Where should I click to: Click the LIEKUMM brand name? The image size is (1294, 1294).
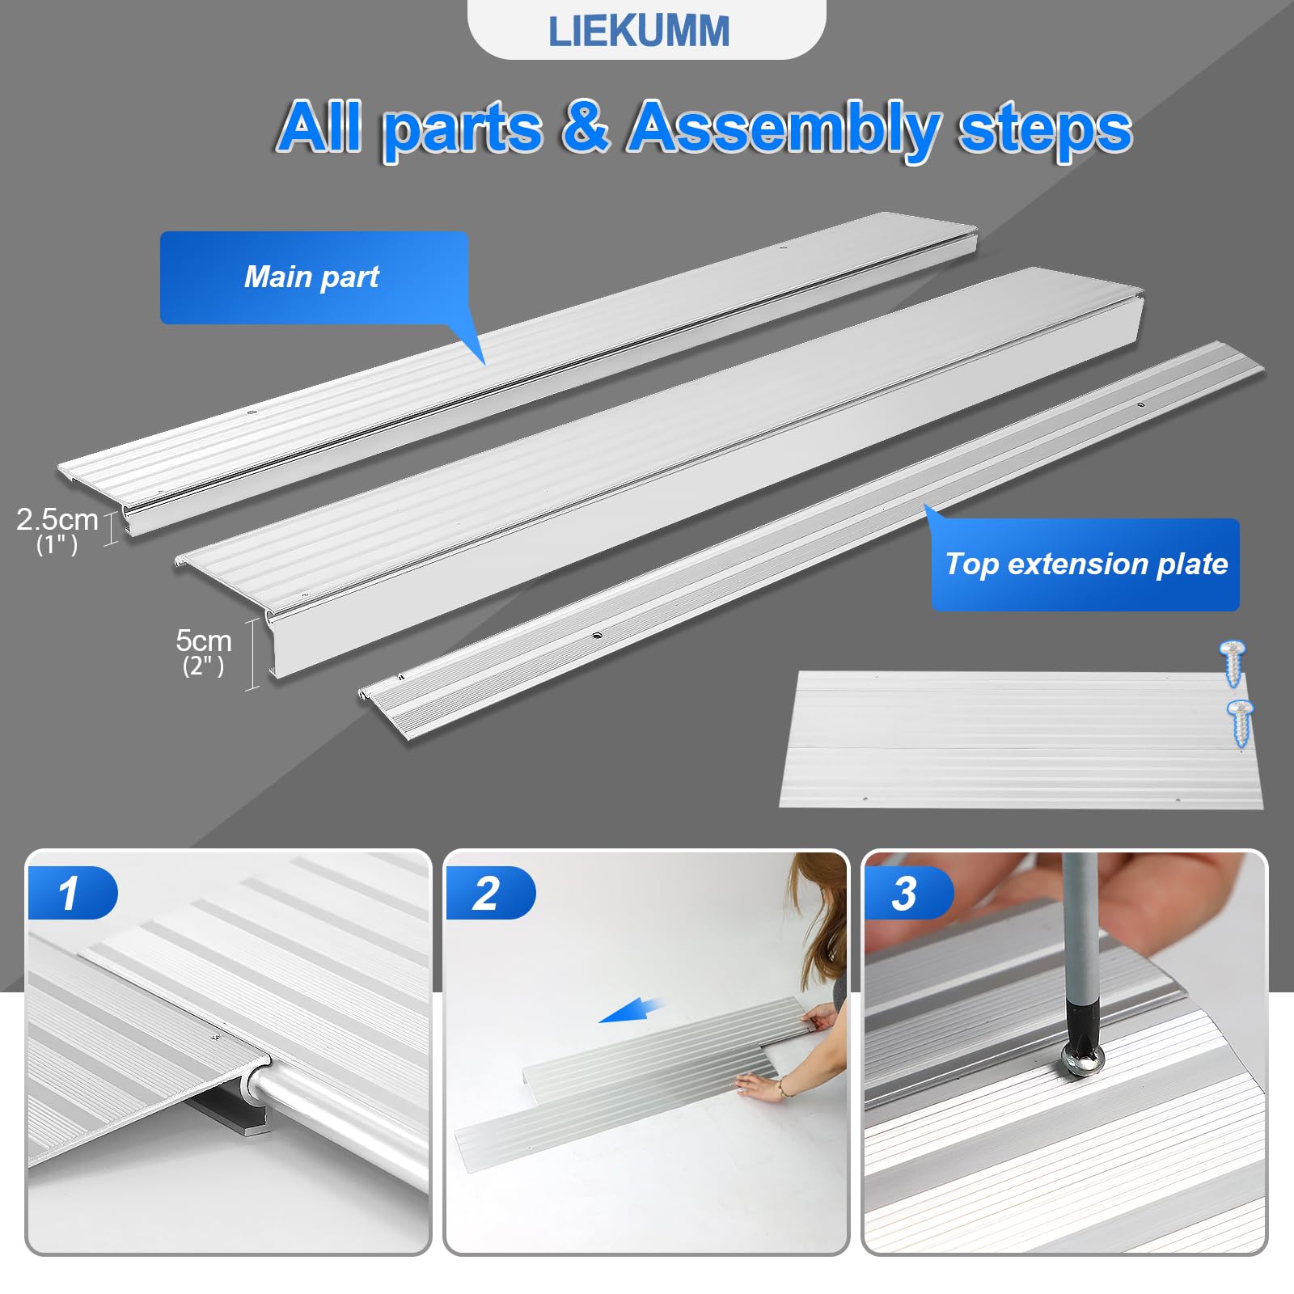[638, 32]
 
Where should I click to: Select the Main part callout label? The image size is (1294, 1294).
[312, 277]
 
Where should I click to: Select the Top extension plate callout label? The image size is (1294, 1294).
[1085, 564]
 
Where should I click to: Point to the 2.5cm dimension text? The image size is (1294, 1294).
[57, 519]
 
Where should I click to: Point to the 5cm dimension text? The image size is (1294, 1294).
[203, 641]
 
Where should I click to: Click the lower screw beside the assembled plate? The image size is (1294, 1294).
[1241, 722]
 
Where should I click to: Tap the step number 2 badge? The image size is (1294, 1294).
[487, 893]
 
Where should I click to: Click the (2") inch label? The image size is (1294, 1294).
[203, 666]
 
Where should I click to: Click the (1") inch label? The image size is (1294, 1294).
[57, 545]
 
